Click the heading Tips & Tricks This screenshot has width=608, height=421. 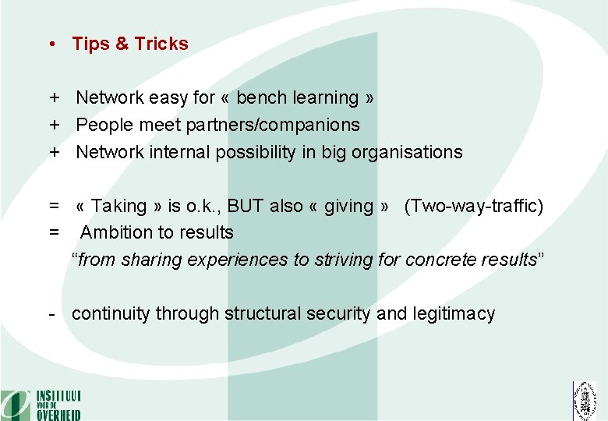[x=130, y=44]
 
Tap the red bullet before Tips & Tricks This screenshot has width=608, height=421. [x=50, y=44]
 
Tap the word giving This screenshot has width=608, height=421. [x=349, y=206]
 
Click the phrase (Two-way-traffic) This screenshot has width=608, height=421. [x=474, y=206]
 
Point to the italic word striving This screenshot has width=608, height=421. [x=343, y=260]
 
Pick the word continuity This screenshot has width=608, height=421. [x=111, y=313]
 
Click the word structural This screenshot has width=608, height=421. [x=263, y=313]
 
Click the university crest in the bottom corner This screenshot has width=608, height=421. [x=584, y=401]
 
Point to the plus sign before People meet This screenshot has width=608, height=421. [x=55, y=125]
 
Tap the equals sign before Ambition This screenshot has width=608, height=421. [x=55, y=232]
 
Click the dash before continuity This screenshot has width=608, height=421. [x=51, y=314]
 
